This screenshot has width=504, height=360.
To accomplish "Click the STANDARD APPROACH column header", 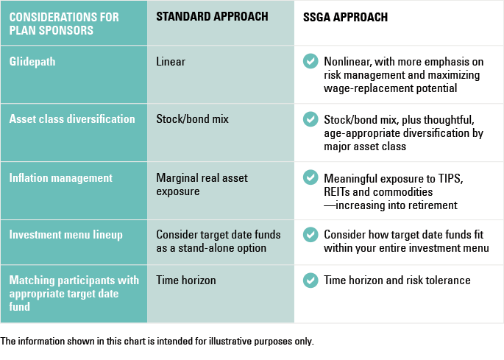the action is (212, 16).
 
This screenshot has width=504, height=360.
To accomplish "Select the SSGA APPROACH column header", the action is (345, 17).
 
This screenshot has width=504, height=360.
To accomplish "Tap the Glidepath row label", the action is (32, 62).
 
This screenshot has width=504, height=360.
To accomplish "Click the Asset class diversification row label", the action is (72, 119).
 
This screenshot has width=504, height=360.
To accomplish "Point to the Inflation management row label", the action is (61, 178).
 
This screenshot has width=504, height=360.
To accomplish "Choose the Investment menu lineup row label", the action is (66, 235).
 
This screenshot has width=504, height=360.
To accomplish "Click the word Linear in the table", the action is (171, 62).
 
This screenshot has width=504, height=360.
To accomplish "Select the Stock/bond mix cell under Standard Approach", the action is (192, 119).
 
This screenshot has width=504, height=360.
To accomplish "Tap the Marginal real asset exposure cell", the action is (202, 185).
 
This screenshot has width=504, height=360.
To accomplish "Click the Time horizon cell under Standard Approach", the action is (186, 280).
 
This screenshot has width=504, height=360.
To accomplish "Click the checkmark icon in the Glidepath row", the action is (310, 61).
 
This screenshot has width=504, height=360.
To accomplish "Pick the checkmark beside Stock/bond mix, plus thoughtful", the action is (310, 119).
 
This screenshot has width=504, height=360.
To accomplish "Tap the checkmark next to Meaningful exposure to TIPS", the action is (310, 177).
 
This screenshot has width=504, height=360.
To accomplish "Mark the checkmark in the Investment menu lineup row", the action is (310, 235).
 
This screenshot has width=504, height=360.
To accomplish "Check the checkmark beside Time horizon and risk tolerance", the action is (310, 280).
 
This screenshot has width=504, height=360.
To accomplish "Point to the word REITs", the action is (336, 192).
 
